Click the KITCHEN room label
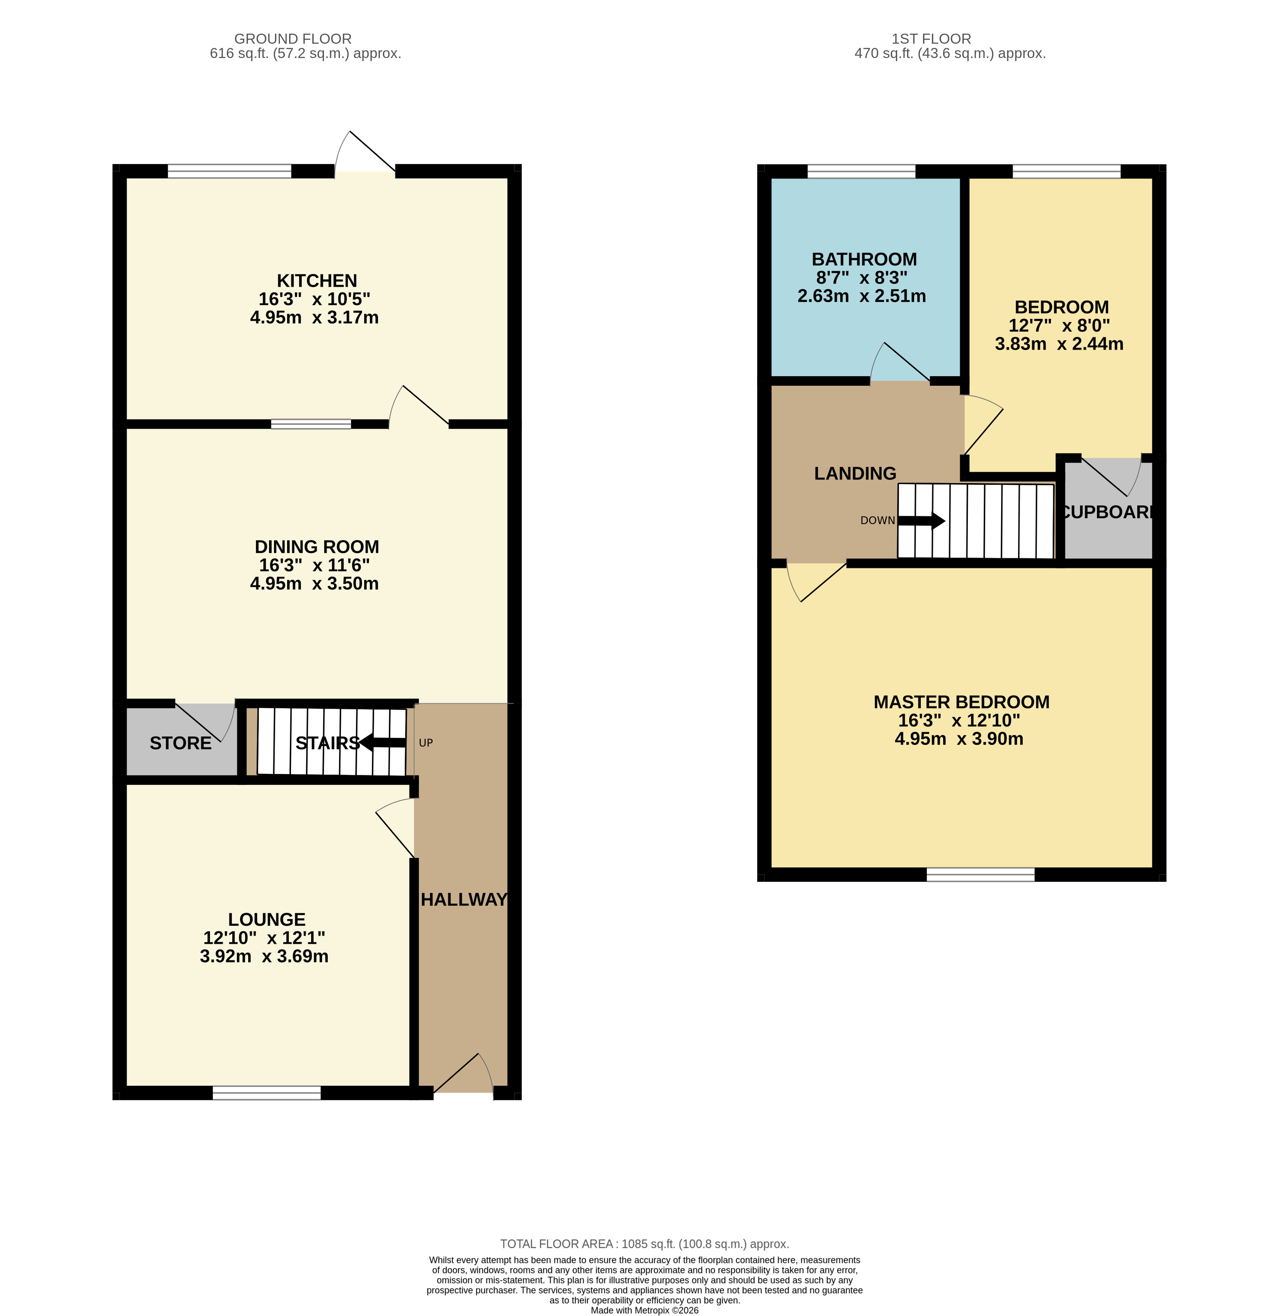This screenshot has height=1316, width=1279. [317, 281]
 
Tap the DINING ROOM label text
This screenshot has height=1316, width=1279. [317, 547]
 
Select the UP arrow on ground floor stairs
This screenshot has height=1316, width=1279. [383, 742]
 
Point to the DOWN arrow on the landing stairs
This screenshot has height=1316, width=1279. [921, 521]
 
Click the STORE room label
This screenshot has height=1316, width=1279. [180, 743]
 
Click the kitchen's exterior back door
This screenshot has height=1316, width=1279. [365, 155]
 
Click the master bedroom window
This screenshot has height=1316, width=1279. [980, 874]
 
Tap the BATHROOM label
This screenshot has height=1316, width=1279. [864, 259]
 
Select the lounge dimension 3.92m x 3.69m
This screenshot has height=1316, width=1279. [264, 956]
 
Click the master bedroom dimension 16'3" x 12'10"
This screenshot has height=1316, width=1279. [959, 720]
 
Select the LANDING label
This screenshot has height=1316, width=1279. [855, 474]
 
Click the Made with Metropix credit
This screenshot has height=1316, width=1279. [644, 1310]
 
